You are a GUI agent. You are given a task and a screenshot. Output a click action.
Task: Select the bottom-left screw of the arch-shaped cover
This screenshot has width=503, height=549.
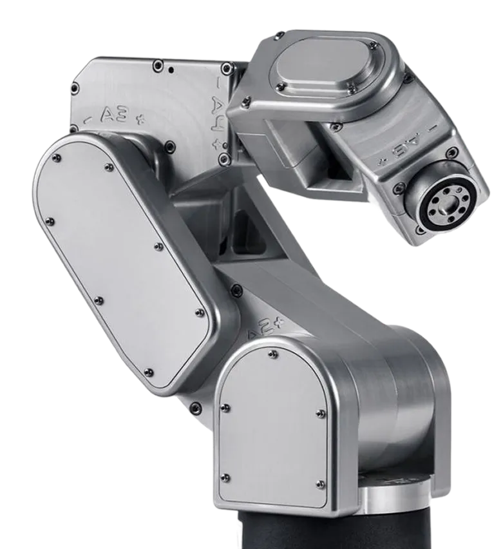225,477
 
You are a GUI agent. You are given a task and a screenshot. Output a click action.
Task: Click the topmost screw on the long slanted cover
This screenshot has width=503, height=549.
58,159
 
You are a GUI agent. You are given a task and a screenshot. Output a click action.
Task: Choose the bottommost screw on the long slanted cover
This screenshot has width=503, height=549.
149,371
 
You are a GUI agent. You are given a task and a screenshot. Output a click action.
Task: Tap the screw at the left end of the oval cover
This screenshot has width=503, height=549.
279,86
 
